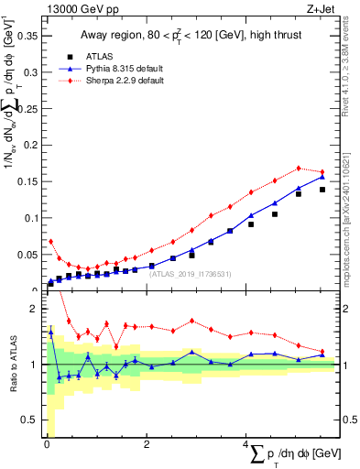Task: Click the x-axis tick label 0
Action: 47,446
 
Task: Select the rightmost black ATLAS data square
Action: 322,190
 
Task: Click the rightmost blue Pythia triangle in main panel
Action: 322,176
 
